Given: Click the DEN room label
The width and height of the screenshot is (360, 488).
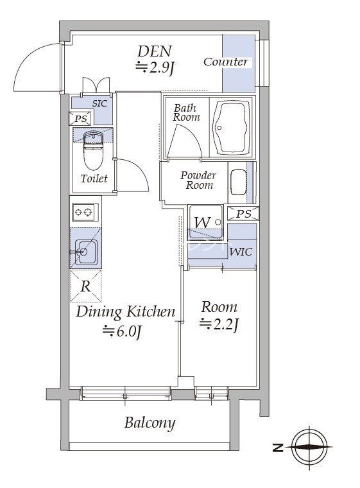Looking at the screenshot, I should coord(155,51).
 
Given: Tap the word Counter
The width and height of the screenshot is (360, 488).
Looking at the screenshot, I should coord(225,62).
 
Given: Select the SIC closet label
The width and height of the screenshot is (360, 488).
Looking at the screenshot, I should coord(99,103).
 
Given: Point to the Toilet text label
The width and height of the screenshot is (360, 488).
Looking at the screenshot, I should coord(94,179).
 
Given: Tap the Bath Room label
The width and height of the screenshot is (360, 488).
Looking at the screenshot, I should coord(186,113).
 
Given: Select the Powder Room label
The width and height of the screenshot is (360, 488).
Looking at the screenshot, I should coord(198,180).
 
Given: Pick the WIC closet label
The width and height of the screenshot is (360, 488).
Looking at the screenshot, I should coord(241,252).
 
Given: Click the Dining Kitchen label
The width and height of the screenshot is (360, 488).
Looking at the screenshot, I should coord(126,312).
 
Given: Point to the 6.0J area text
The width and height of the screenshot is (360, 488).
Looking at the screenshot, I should coord(122,331).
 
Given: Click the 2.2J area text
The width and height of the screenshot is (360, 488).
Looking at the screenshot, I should coord(219,325).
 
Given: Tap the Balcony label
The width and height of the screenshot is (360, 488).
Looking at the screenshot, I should coord(150,423).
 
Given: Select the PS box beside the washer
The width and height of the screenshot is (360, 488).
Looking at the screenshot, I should coord(244,213).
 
